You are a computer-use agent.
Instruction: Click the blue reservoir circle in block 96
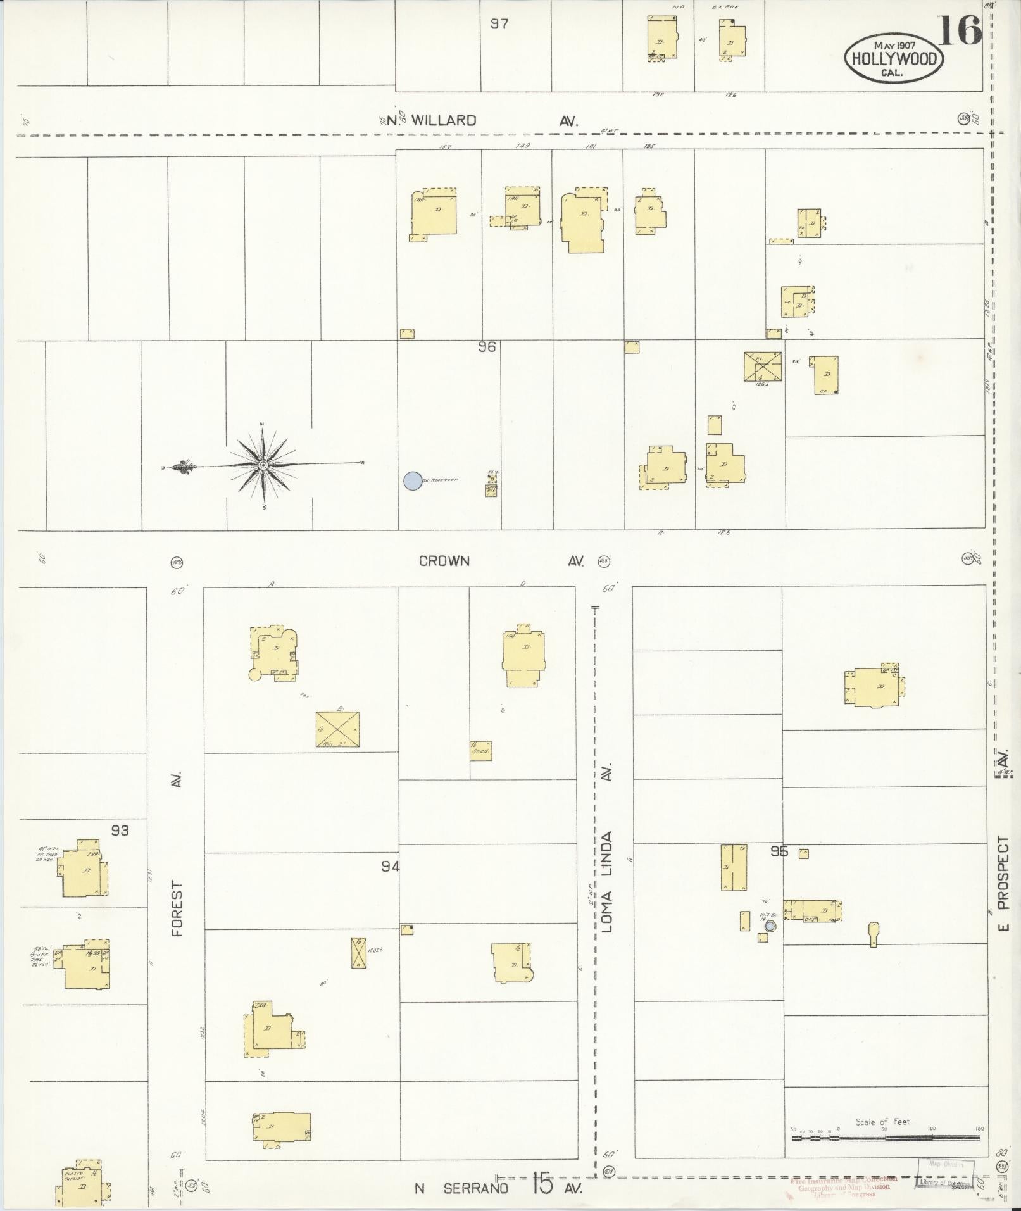coord(413,481)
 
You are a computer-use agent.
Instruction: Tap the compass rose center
coord(263,466)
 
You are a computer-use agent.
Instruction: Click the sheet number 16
coord(959,30)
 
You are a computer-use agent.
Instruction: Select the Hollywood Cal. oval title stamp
coord(893,59)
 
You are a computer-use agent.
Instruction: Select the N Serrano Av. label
coord(497,1188)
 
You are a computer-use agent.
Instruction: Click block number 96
coord(487,347)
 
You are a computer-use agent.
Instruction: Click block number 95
coord(779,852)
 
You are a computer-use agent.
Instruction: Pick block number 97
coord(499,24)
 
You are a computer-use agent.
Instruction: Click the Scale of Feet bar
coord(885,1138)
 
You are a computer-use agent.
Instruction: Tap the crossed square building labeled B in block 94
coord(337,729)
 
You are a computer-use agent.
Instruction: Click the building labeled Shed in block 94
coord(480,750)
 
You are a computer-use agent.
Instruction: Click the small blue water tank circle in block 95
coord(770,926)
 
